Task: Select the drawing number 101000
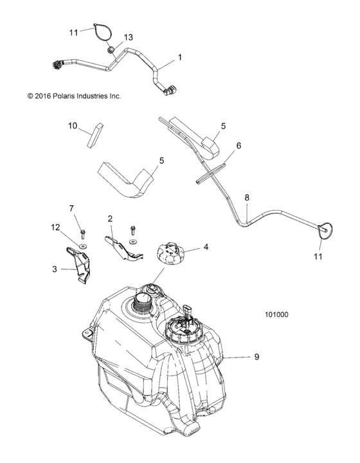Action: point(276,315)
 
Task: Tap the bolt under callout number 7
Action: point(82,233)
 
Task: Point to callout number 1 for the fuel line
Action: point(179,57)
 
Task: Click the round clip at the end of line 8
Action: point(325,228)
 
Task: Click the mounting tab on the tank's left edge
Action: point(85,332)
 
